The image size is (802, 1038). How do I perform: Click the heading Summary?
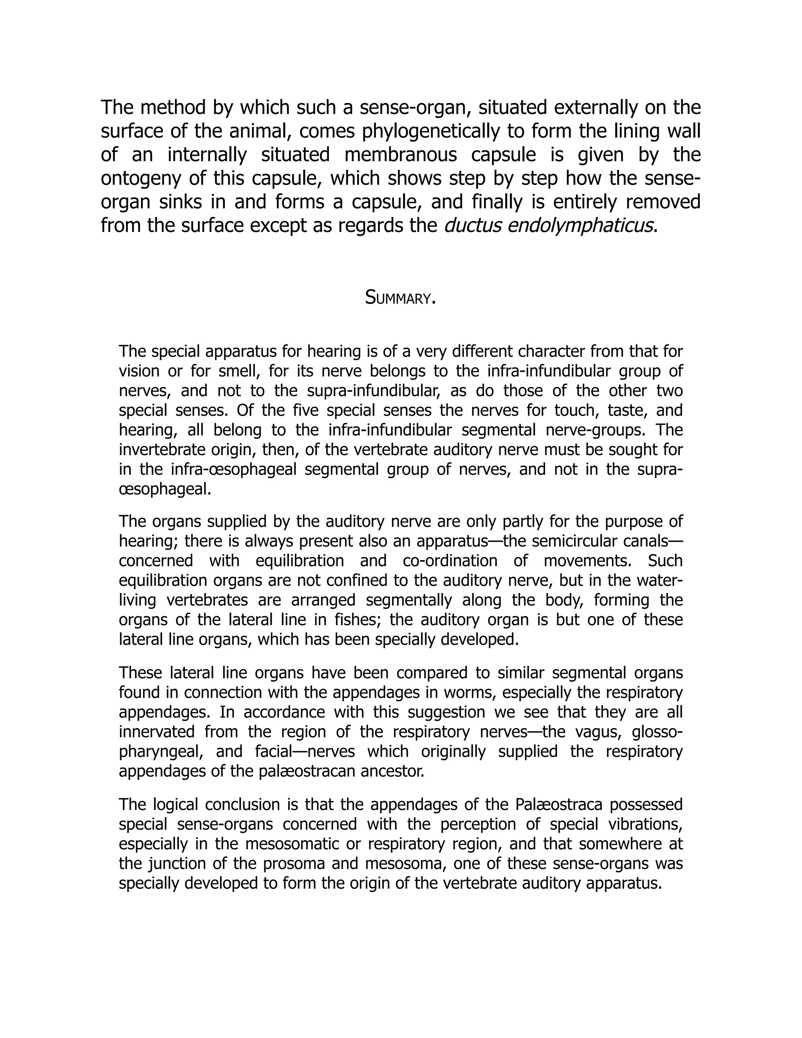[x=400, y=298]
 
